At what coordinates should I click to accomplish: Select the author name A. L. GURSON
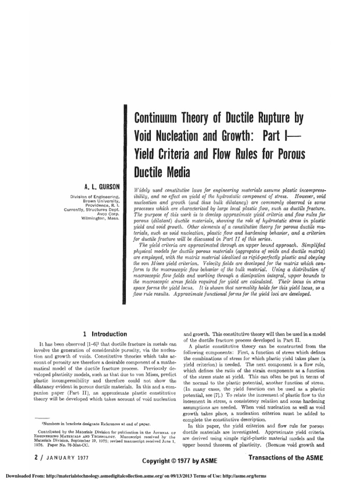(102, 186)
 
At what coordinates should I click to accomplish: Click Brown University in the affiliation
(101, 201)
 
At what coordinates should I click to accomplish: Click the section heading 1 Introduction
(105, 334)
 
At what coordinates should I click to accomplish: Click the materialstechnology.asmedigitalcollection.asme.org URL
(109, 474)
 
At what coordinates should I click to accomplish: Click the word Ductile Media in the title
(162, 173)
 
